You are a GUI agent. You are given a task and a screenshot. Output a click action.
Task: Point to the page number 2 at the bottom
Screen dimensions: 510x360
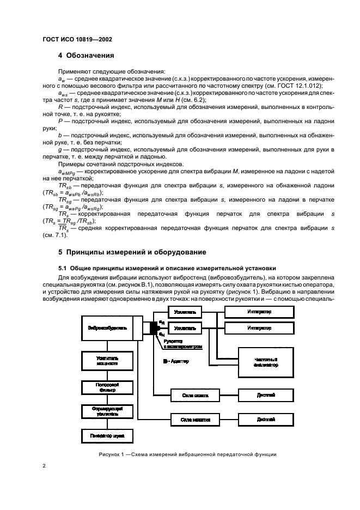coord(45,466)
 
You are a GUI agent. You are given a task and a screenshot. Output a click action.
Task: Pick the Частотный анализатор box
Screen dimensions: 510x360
coord(266,362)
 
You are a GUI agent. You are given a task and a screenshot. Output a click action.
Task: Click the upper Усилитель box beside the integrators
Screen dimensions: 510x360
coord(185,311)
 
